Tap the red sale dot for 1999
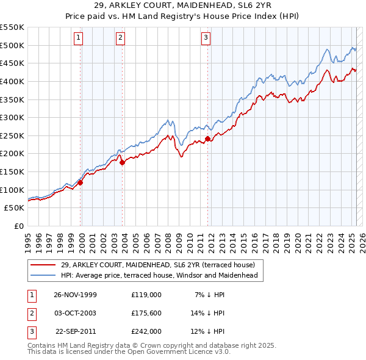tap(81, 182)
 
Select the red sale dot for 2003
tap(122, 162)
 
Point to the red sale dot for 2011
tap(207, 139)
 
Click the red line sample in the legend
tap(43, 265)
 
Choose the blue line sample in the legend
tap(43, 275)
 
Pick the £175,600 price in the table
tap(146, 313)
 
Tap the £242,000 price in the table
tap(146, 331)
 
